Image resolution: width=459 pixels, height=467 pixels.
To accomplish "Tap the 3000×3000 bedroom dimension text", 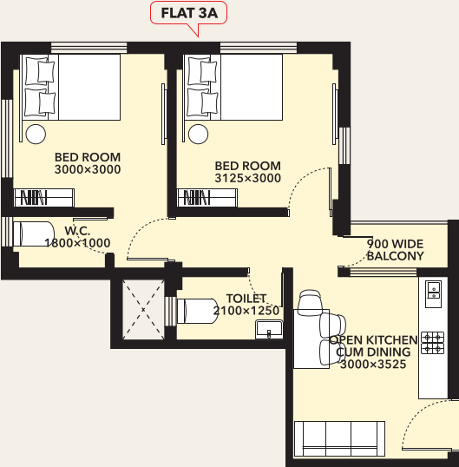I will (x=87, y=169).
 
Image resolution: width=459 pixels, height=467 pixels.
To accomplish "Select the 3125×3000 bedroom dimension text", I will (x=247, y=178).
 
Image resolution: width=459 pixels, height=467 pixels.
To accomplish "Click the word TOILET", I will (x=245, y=297).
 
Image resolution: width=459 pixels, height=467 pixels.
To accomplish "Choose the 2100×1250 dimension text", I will (x=245, y=309).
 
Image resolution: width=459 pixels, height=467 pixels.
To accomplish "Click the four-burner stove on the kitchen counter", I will (x=431, y=343).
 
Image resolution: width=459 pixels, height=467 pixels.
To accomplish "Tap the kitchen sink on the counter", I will (x=431, y=297).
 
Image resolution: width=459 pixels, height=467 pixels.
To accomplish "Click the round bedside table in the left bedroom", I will (x=36, y=134).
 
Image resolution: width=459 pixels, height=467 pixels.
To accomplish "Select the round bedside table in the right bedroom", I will (x=200, y=133).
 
